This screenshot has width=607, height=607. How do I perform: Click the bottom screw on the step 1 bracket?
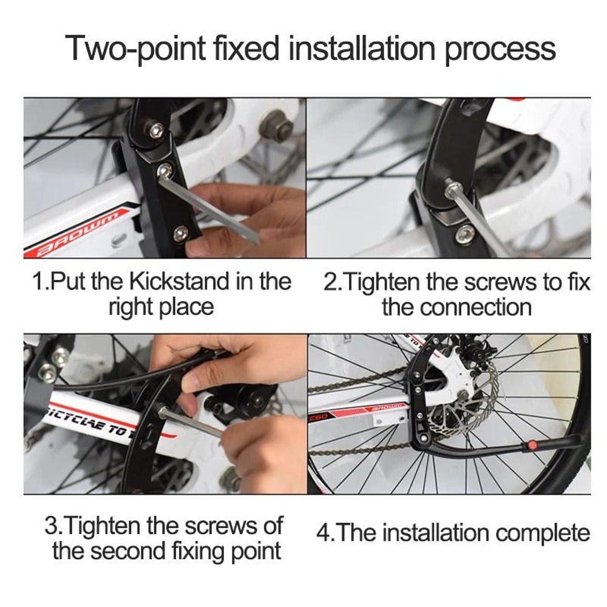[x=180, y=232]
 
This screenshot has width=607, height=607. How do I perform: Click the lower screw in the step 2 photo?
[x=466, y=232]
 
